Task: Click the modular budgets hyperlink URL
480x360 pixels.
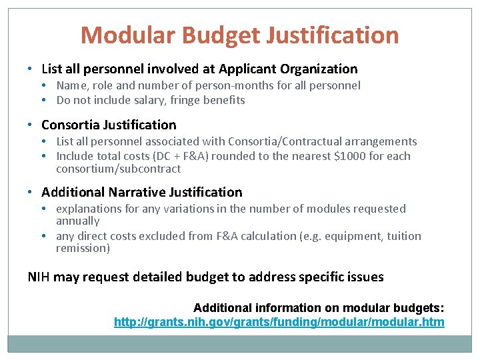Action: pos(279,323)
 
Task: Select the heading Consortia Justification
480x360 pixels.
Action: pos(109,125)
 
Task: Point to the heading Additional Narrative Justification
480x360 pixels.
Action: pos(142,192)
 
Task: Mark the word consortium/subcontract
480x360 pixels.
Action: pos(118,169)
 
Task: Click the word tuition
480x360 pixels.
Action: pos(405,235)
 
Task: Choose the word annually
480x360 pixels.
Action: pos(77,221)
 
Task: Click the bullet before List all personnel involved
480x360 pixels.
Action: pos(31,69)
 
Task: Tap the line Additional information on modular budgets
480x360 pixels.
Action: pos(319,307)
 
